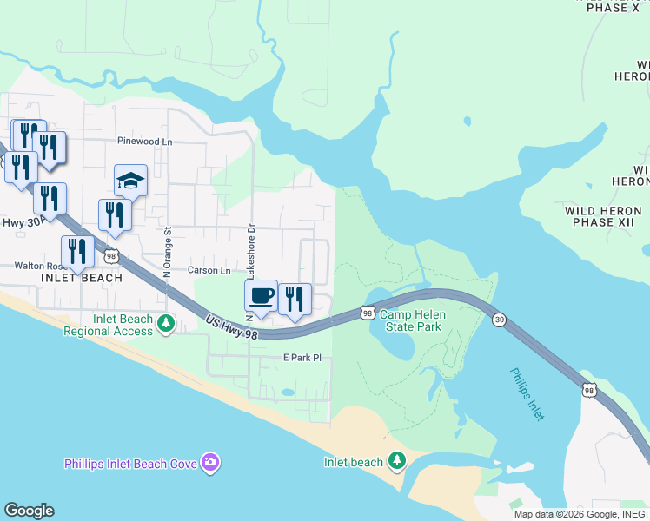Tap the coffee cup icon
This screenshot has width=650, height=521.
(x=261, y=296)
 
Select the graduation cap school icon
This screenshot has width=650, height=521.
(x=130, y=181)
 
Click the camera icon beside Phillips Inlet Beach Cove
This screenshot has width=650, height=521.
(x=209, y=463)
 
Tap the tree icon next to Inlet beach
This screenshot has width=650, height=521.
(x=397, y=459)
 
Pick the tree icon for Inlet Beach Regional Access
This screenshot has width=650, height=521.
(x=165, y=324)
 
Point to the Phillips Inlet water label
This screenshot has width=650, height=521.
(x=527, y=394)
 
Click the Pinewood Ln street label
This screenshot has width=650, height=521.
(x=145, y=141)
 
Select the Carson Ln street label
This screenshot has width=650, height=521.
(x=209, y=270)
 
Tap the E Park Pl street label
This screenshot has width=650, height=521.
(x=302, y=357)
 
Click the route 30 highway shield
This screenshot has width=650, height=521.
(x=499, y=320)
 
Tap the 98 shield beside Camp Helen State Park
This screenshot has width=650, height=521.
(x=368, y=312)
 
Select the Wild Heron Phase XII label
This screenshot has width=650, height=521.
(x=603, y=216)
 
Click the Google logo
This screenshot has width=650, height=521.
(x=29, y=511)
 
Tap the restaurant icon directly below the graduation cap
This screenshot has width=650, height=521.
(x=115, y=214)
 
